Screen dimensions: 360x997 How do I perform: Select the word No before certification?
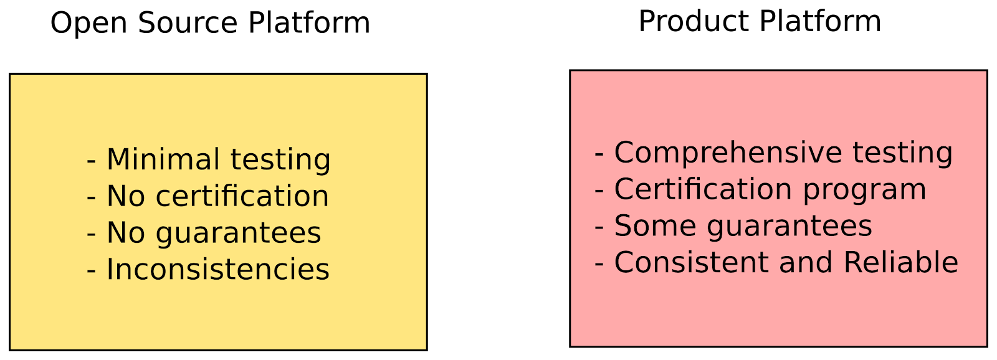click(x=126, y=196)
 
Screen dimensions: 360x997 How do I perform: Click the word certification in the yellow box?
click(x=242, y=196)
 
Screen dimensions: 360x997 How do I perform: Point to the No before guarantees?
click(x=126, y=233)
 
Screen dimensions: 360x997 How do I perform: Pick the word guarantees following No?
click(x=238, y=234)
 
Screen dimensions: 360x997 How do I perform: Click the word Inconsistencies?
click(x=217, y=270)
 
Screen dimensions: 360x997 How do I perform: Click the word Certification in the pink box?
click(x=703, y=189)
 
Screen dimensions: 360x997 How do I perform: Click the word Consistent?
click(x=691, y=262)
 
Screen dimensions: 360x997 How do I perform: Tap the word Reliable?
click(x=900, y=262)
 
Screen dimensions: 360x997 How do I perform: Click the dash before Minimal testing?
click(x=92, y=161)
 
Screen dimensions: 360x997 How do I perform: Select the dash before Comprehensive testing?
click(x=599, y=154)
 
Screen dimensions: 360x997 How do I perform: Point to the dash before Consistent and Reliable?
click(x=599, y=264)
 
